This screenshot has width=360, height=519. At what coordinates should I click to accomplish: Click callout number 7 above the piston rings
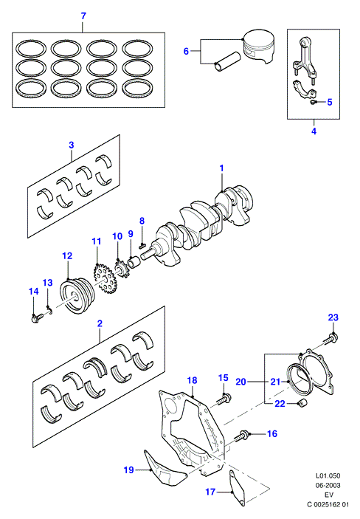tap(83, 16)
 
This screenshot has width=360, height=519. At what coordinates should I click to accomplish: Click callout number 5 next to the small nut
tap(330, 102)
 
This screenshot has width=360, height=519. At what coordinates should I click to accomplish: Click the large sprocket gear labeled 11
tap(104, 279)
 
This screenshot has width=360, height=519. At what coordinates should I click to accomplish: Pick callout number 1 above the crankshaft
tap(222, 168)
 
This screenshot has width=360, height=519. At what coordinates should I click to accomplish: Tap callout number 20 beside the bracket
tap(240, 382)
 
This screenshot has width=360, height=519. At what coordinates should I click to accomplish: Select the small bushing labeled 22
tap(303, 404)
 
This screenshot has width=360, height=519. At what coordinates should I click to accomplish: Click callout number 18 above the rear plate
tap(193, 380)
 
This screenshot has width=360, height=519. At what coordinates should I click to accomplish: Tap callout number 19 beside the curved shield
tap(128, 470)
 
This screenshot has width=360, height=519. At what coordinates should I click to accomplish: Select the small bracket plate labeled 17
tap(237, 488)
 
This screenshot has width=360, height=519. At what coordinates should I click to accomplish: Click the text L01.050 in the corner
tap(328, 475)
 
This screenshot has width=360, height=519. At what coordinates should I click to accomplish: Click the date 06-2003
tap(328, 485)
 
